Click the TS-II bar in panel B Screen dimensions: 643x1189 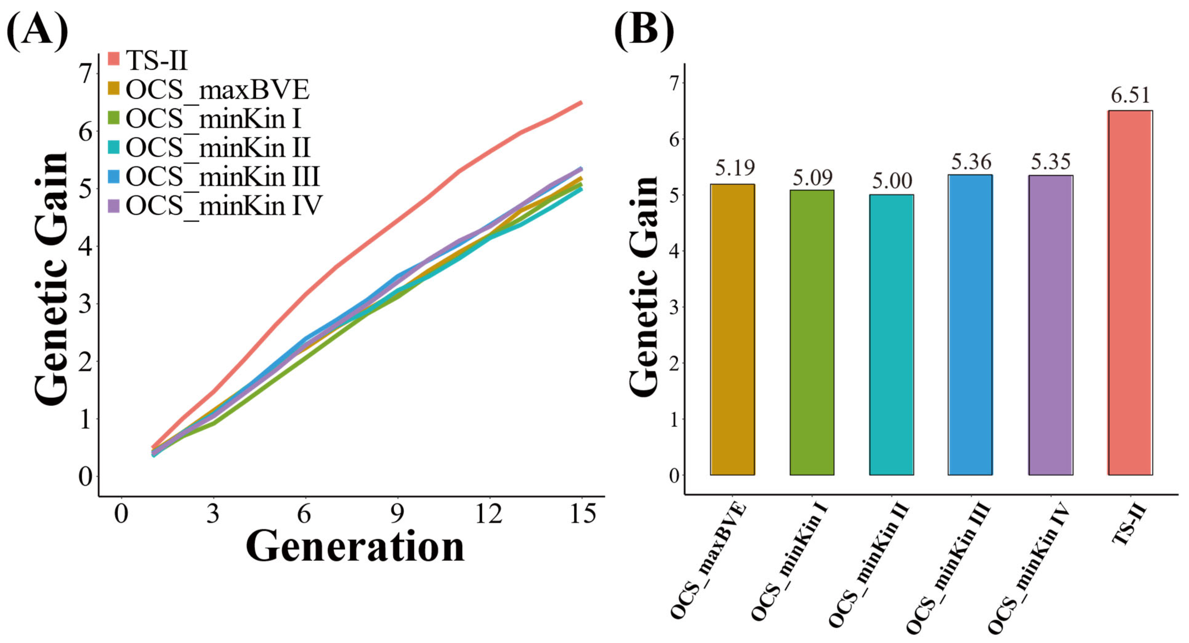1130,292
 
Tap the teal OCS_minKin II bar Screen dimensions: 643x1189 891,334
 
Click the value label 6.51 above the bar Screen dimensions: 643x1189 1130,95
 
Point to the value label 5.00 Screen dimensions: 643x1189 892,180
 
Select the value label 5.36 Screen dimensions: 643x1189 971,161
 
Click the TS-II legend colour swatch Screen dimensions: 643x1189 114,59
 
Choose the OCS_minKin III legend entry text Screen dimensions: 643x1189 223,177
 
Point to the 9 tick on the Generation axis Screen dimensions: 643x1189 397,513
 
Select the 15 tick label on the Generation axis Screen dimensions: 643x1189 583,513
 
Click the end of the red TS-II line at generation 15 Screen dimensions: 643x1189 581,102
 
